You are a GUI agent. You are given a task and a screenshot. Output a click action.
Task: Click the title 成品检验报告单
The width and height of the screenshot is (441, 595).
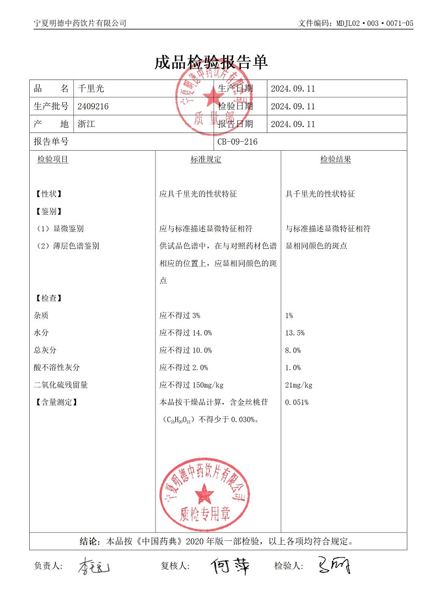[x=211, y=62]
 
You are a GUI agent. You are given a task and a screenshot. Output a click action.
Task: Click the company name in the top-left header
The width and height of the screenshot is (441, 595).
[x=80, y=23]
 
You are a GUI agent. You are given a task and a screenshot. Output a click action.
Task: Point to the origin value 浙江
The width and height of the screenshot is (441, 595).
[x=87, y=124]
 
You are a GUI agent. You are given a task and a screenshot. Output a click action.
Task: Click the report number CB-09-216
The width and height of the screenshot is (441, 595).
[x=238, y=142]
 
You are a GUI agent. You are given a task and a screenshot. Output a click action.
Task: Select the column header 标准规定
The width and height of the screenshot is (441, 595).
[x=206, y=160]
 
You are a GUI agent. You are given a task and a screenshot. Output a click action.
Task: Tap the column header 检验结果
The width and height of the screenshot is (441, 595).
[x=336, y=160]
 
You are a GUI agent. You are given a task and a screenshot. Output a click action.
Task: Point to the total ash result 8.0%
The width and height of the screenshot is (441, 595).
[x=293, y=350]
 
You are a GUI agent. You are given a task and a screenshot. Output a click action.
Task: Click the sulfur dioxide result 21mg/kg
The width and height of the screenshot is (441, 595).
[x=299, y=385]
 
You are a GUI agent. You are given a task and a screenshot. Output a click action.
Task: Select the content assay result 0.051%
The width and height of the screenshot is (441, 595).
[x=297, y=402]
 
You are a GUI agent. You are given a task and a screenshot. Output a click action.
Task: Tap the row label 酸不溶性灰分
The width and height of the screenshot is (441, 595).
[x=57, y=368]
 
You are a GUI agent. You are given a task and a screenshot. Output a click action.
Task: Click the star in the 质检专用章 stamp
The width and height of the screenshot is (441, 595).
[x=205, y=491]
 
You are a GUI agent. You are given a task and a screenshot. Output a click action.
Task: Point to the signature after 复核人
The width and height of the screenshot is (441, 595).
[x=230, y=565]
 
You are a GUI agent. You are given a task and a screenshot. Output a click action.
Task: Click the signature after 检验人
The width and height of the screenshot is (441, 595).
[x=334, y=565]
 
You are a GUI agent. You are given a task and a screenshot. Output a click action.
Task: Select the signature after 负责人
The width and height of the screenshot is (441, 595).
[x=94, y=566]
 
